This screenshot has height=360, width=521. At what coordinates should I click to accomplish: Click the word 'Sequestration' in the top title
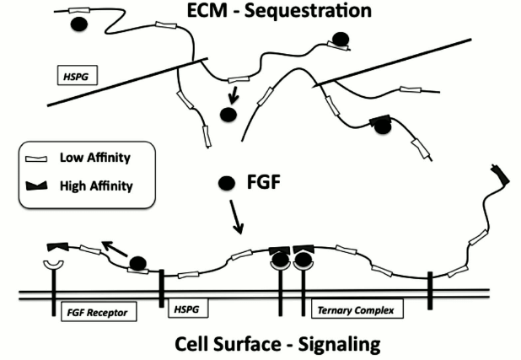click(x=322, y=12)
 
